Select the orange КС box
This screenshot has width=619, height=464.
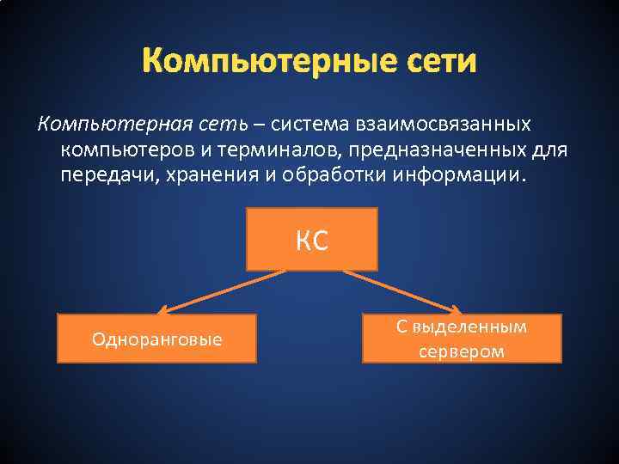[x=312, y=239]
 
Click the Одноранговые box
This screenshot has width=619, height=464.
[x=156, y=339]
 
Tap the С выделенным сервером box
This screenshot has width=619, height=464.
[x=462, y=339]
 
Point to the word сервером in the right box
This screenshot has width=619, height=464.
[x=462, y=351]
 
